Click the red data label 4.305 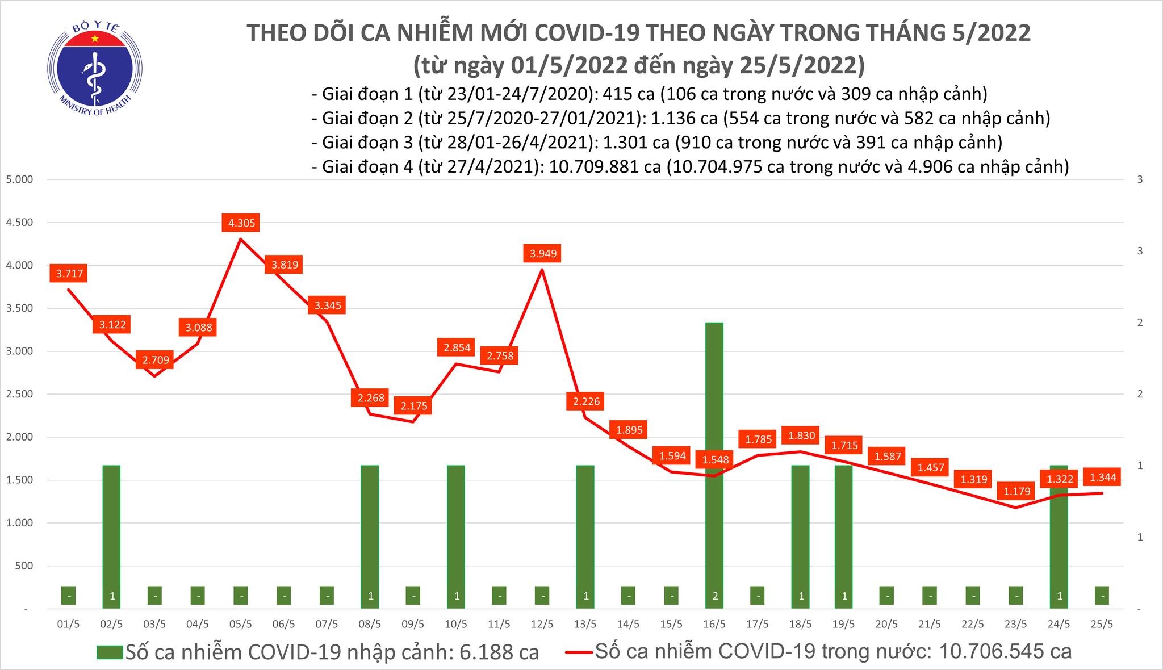pos(241,223)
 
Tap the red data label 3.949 pos(543,253)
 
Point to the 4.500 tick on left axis pos(20,223)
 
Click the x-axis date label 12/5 pos(542,624)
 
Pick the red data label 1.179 pos(1016,491)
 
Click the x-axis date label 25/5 pos(1102,624)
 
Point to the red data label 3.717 pos(69,274)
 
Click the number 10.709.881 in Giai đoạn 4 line pos(594,166)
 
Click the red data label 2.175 pos(414,406)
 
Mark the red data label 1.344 pos(1103,478)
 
